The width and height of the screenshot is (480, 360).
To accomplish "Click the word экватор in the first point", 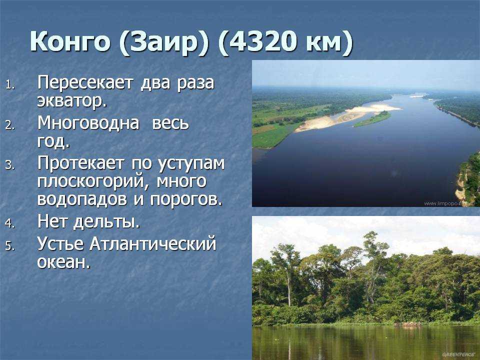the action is point(72,100).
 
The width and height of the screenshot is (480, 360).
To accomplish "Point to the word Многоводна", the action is point(88,123).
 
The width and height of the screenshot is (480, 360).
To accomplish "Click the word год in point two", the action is point(53,141).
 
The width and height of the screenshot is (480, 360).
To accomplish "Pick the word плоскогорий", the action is point(91,181).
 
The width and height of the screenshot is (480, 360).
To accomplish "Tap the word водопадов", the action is point(82,199).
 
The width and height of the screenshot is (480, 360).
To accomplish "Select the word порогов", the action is point(186,199).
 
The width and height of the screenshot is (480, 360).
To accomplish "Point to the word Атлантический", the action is point(153,244).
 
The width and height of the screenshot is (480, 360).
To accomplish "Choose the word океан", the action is point(64,262).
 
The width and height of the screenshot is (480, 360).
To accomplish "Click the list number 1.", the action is point(10,84).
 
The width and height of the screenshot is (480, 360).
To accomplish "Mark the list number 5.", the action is point(10,246).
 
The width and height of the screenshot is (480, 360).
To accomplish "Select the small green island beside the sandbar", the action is point(372,119).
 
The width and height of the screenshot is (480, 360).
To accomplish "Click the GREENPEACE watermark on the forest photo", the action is point(458,354).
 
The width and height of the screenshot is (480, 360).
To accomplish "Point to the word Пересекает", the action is point(85,83).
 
